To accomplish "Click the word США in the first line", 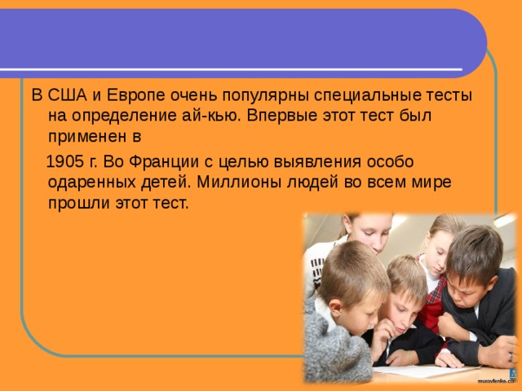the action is coord(68,95).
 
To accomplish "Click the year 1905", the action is coord(65,162).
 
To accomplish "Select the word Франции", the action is coord(161,163).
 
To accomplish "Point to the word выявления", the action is coord(317,163).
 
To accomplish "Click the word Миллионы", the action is coord(239,182).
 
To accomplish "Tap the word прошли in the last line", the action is coord(79,204).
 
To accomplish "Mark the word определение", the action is coord(123,116).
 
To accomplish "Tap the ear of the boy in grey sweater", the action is coord(335,309).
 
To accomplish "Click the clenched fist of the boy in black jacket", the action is coord(449,325).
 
